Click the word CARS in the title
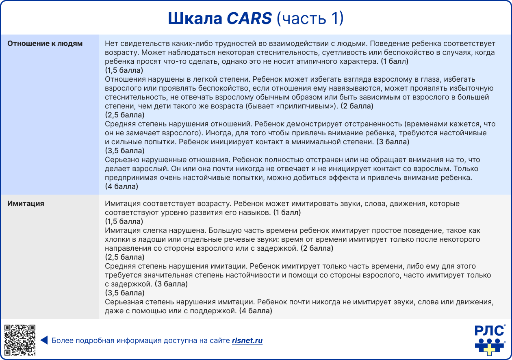(249, 19)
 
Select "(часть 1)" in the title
(310, 19)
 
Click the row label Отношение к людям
(45, 43)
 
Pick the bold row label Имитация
(26, 204)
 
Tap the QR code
(20, 340)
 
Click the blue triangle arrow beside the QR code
(44, 340)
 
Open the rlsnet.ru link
(247, 340)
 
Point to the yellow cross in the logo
(490, 348)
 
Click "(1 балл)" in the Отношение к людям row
(394, 61)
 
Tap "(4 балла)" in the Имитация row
(255, 311)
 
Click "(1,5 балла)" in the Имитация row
(124, 221)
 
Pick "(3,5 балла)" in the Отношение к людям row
(124, 151)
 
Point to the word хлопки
(116, 239)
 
